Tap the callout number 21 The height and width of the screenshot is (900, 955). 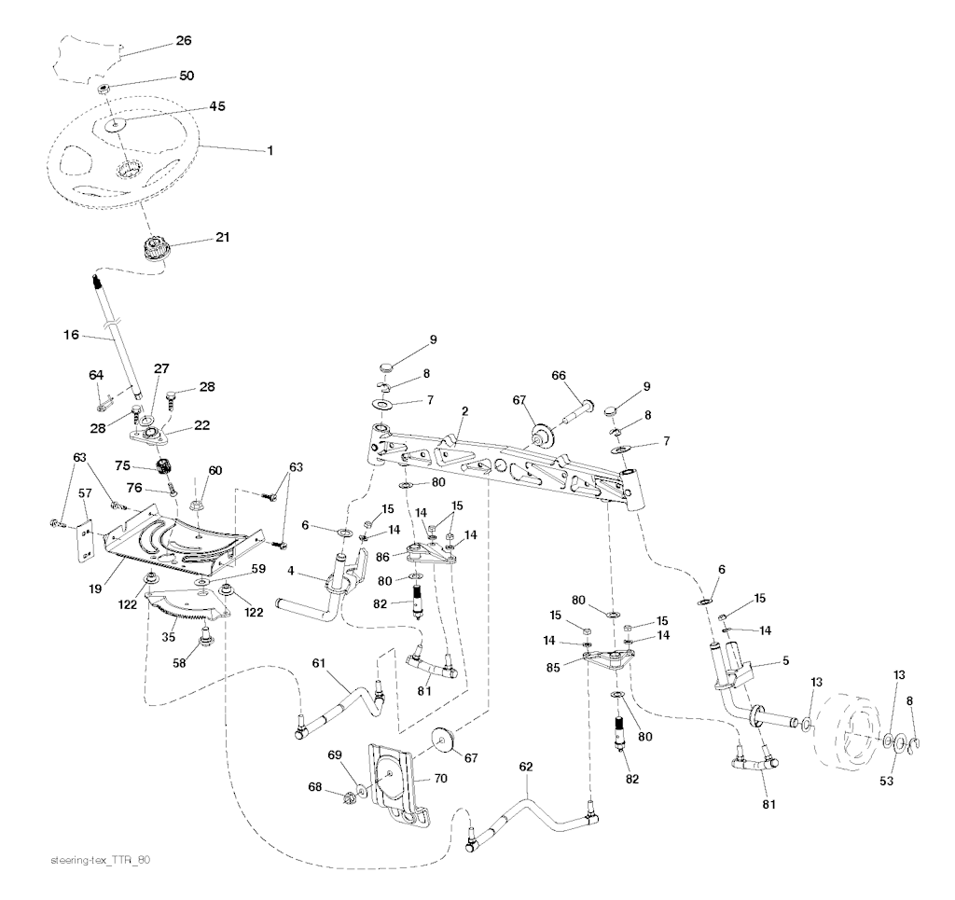[x=222, y=238]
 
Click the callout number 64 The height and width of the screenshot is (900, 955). [x=96, y=375]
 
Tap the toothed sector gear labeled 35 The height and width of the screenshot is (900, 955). [x=187, y=611]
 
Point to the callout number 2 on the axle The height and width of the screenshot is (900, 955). [x=464, y=410]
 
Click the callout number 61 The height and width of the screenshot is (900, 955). [x=319, y=664]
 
